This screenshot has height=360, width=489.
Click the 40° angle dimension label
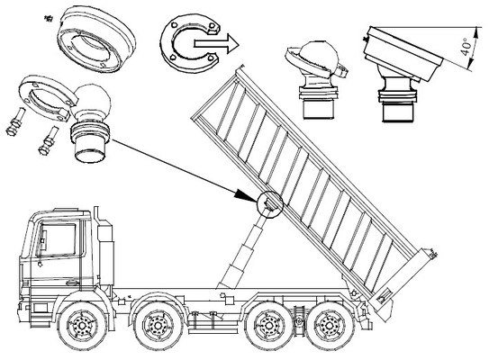tap(466, 47)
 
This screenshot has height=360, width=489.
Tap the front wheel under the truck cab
tap(82, 326)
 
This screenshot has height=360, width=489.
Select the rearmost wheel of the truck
tap(330, 326)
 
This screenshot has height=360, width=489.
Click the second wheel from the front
tap(158, 326)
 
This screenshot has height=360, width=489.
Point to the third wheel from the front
tap(269, 326)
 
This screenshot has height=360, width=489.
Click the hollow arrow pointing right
tap(216, 43)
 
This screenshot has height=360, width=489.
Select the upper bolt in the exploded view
tap(16, 121)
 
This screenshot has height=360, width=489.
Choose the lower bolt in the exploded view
tap(49, 140)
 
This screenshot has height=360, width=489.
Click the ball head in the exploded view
tap(91, 100)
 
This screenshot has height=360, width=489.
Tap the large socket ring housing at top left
tap(96, 40)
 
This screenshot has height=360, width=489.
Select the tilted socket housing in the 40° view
tap(403, 53)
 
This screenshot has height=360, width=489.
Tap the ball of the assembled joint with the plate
tap(319, 57)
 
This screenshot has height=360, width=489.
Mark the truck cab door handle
tap(73, 283)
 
